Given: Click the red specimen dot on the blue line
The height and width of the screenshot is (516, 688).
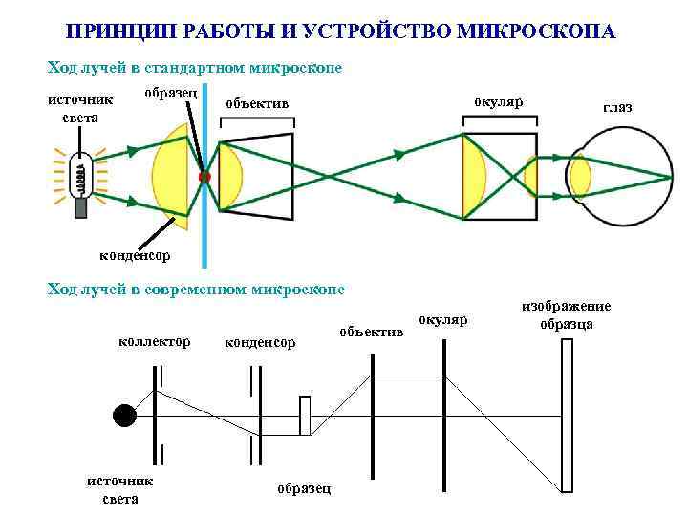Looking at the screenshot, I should pyautogui.click(x=204, y=178).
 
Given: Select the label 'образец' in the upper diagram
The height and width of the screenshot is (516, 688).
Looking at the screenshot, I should pyautogui.click(x=171, y=92).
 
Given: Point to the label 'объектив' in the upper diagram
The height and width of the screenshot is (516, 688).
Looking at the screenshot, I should pyautogui.click(x=256, y=102).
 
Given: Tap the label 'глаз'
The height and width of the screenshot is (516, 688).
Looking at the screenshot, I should pyautogui.click(x=617, y=109).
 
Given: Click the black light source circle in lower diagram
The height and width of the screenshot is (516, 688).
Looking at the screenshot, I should pyautogui.click(x=124, y=415).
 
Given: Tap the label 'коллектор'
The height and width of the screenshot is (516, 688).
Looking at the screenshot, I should pyautogui.click(x=154, y=341).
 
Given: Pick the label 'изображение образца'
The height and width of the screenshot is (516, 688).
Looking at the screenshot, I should pyautogui.click(x=566, y=314).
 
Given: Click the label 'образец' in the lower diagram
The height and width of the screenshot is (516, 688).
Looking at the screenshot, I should pyautogui.click(x=304, y=488).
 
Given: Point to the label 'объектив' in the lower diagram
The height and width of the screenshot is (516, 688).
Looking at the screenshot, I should pyautogui.click(x=373, y=332).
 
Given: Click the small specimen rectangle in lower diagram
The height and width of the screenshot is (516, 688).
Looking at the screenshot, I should pyautogui.click(x=305, y=416).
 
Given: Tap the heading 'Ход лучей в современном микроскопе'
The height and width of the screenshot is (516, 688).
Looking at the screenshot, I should pyautogui.click(x=196, y=289).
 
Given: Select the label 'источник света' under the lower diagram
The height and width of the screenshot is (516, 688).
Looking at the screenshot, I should pyautogui.click(x=119, y=489).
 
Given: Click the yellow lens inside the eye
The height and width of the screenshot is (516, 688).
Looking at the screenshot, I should pyautogui.click(x=579, y=178).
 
